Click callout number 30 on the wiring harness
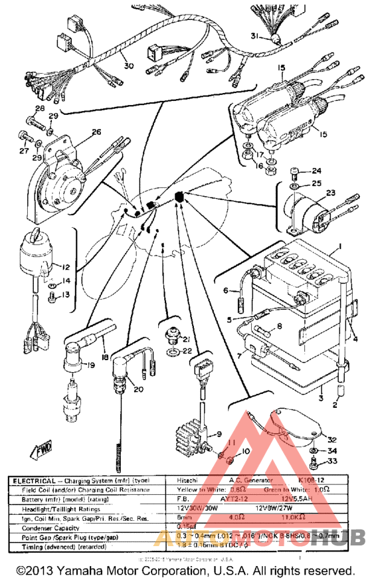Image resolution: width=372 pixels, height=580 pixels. [x=129, y=66]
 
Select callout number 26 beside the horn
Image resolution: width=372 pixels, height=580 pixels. [x=96, y=132]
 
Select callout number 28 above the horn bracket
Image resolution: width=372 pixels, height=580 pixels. [x=39, y=108]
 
